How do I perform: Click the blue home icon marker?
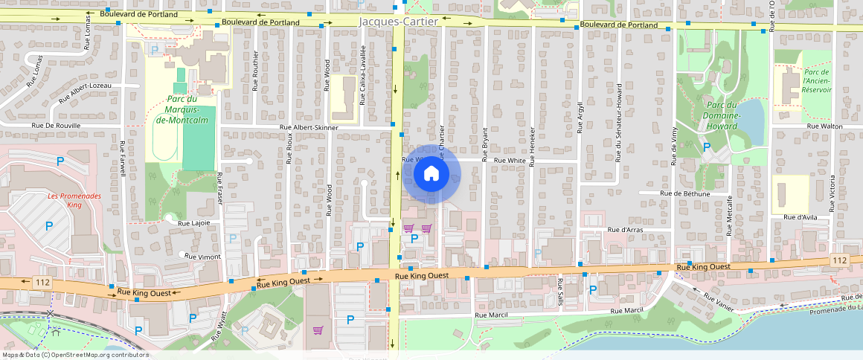[x=431, y=174]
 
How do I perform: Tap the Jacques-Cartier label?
[x=398, y=22]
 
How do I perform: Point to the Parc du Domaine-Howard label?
[x=719, y=115]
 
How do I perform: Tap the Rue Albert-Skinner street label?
[x=308, y=128]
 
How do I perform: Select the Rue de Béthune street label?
[x=684, y=193]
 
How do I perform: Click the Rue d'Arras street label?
[x=624, y=230]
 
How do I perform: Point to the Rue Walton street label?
[x=825, y=126]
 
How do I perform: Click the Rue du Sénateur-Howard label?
[x=618, y=111]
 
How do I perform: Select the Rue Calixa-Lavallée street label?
[x=363, y=83]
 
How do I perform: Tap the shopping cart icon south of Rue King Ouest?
[x=318, y=330]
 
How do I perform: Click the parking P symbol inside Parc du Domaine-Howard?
[x=706, y=147]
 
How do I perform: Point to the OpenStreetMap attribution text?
[x=74, y=355]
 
